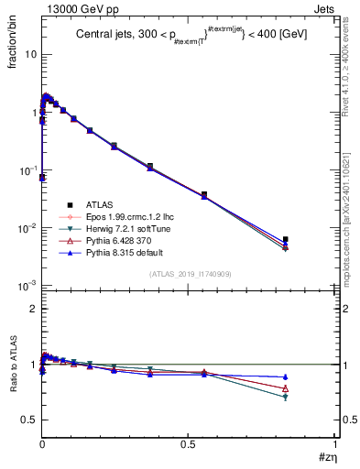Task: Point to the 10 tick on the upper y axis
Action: point(28,54)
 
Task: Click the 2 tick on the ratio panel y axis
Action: point(32,309)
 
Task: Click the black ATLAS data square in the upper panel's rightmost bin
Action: point(286,239)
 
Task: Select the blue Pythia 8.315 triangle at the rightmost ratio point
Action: point(286,376)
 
